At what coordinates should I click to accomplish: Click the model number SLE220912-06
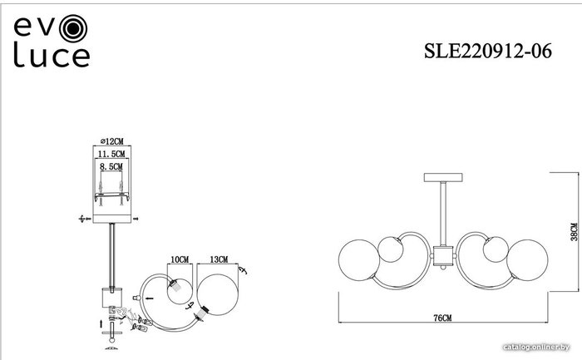tap(488, 51)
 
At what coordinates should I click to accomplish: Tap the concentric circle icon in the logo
tap(73, 28)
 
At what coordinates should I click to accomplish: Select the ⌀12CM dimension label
tap(112, 141)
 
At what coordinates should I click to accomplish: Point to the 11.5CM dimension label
tap(111, 154)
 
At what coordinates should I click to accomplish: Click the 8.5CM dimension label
tap(111, 166)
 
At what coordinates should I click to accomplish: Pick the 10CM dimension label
tap(180, 259)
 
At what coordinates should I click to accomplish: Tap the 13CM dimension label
tap(219, 259)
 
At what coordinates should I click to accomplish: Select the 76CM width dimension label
tap(443, 318)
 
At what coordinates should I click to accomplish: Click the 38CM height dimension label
tap(574, 232)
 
